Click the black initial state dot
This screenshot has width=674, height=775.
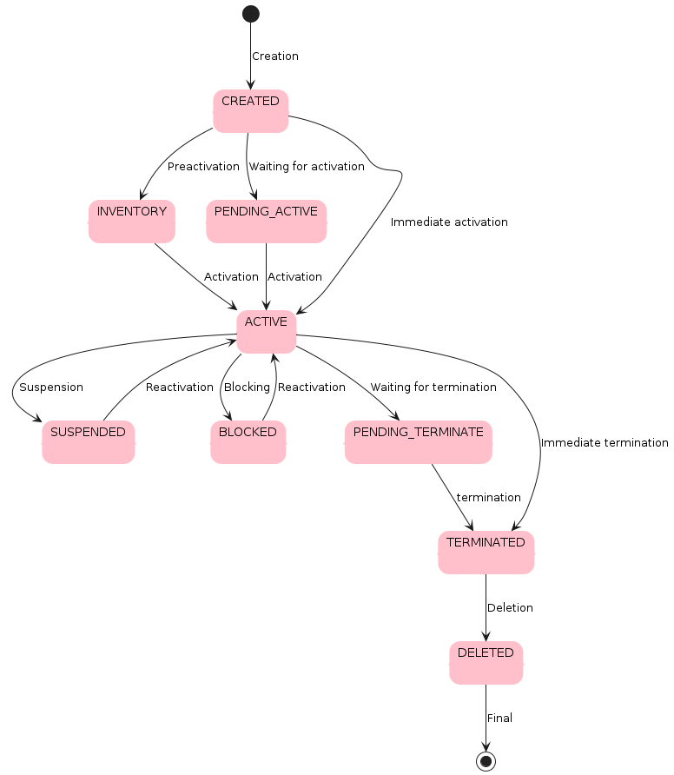pos(250,13)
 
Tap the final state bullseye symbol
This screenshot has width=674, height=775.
pos(486,761)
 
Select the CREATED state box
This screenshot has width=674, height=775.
pos(250,111)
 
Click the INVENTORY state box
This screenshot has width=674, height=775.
pos(131,222)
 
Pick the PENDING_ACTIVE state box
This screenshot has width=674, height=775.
pos(266,222)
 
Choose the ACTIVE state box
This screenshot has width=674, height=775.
pos(266,332)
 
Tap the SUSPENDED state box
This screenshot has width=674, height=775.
pos(88,442)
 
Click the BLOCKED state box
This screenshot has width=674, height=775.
pos(248,442)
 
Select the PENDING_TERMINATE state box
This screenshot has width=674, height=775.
pos(418,442)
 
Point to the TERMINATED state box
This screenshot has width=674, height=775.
pos(486,553)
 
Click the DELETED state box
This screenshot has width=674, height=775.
pos(486,663)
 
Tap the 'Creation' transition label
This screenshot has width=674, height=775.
pos(274,56)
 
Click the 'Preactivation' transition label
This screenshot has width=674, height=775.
pos(203,167)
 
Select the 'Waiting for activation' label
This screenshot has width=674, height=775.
pos(307,167)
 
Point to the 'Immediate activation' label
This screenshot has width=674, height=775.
pos(449,222)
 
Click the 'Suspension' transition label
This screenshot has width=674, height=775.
pos(51,387)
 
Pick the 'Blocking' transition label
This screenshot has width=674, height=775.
pos(247,387)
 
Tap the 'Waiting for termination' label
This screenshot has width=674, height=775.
pos(433,387)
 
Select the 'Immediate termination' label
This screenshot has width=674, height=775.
pos(605,443)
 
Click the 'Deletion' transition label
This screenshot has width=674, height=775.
pos(510,608)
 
